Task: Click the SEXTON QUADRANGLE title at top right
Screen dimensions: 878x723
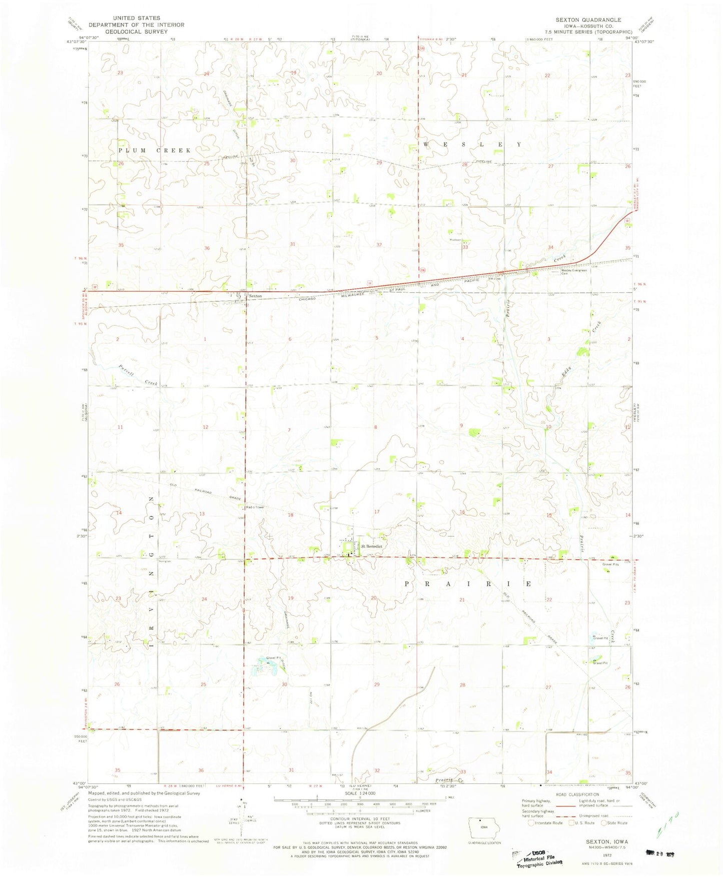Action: tap(588, 20)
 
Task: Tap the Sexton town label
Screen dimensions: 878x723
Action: tap(255, 296)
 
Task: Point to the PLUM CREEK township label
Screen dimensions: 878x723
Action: tap(155, 150)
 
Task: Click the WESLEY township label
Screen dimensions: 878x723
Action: tap(473, 145)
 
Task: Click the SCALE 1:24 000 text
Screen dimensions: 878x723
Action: tap(357, 794)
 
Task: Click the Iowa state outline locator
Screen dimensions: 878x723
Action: tap(479, 824)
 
